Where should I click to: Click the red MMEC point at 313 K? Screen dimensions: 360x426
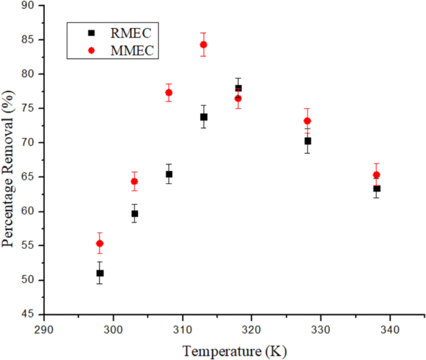pyautogui.click(x=203, y=44)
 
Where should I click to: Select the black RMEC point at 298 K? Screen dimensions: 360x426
pyautogui.click(x=100, y=273)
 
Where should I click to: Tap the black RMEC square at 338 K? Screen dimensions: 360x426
pyautogui.click(x=377, y=188)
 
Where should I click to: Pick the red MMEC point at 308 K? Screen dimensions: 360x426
pyautogui.click(x=169, y=93)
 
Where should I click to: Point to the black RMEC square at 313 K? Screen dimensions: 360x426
pyautogui.click(x=203, y=117)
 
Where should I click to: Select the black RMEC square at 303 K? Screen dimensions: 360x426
pyautogui.click(x=134, y=213)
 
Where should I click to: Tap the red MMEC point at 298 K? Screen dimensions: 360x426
pyautogui.click(x=100, y=243)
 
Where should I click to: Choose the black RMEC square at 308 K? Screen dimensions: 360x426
pyautogui.click(x=169, y=174)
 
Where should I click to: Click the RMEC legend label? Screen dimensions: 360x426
pyautogui.click(x=130, y=32)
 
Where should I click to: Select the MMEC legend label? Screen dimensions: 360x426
pyautogui.click(x=131, y=50)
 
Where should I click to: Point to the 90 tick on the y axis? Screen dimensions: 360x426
pyautogui.click(x=44, y=6)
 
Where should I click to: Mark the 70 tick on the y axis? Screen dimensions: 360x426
pyautogui.click(x=44, y=142)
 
